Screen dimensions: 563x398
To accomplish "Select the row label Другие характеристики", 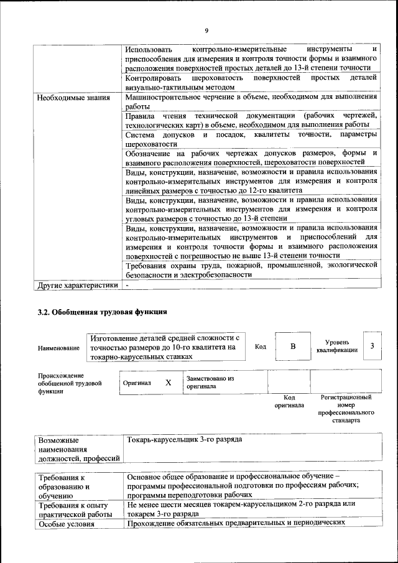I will pos(77,286).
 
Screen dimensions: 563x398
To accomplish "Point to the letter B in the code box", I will pos(292,347).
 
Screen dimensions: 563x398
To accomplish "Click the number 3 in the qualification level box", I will pos(371,346).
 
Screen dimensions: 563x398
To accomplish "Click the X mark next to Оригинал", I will pos(168,383).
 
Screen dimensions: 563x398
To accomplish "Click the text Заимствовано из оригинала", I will pos(210,382).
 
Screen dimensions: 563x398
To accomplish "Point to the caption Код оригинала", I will pos(289,401).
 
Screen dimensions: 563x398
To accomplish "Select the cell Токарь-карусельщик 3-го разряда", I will pos(184,439).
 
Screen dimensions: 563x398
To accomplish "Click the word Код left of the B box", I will pos(261,347).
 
